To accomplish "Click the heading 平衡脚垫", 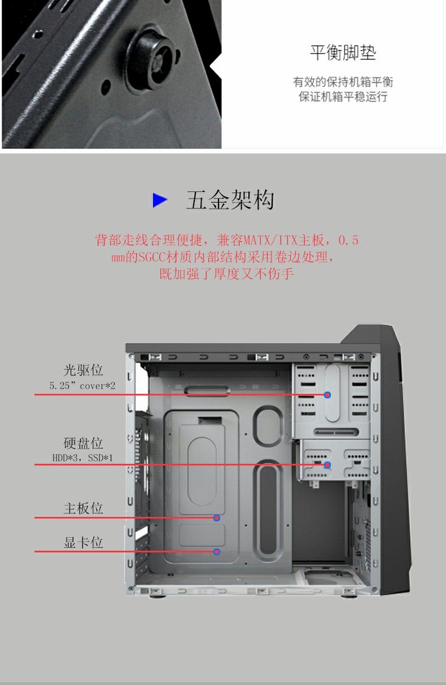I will pos(343,53).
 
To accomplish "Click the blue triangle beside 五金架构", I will pos(160,200).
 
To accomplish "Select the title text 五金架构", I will pos(230,200).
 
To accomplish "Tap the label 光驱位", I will pos(83,370).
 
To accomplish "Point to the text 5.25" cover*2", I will pos(82,386).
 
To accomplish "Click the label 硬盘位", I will pos(83,443).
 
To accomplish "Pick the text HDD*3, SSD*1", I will pos(82,457).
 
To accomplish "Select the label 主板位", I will pos(83,508).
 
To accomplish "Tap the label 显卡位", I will pos(83,543).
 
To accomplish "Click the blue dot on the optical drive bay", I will pos(327,395).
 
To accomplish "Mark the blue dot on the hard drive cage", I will pos(327,465).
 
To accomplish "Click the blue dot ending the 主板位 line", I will pos(217,517).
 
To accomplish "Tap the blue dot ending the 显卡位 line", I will pos(217,551).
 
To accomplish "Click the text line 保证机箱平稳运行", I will pos(343,97).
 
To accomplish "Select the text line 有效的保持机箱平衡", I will pos(343,82).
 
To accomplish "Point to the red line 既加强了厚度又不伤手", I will pos(226,275).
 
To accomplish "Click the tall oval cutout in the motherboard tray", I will pos(268,511).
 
